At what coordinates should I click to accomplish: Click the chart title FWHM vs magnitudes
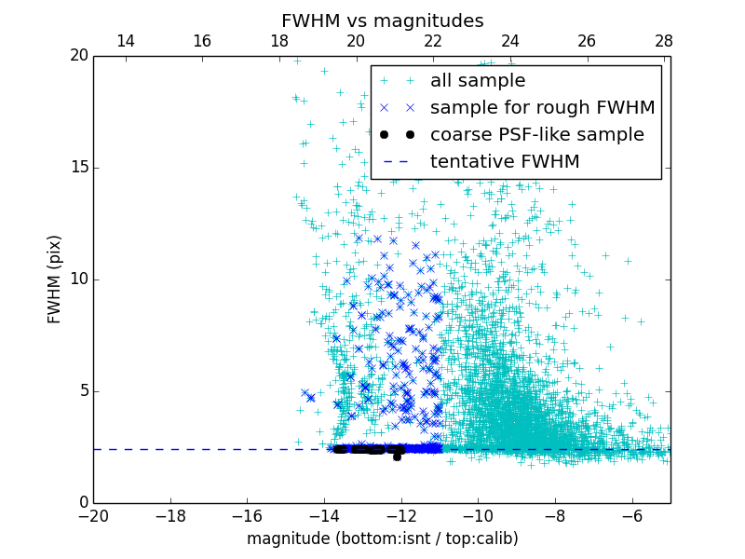click(382, 20)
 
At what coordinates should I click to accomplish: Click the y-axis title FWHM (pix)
click(55, 279)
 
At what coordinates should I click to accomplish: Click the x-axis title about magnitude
click(382, 539)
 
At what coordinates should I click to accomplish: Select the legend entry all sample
click(477, 81)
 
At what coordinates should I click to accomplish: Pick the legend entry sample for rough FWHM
click(542, 108)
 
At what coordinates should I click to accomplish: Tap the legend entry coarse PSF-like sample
click(536, 135)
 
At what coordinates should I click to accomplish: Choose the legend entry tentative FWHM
click(505, 162)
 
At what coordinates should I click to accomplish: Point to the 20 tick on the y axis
click(79, 56)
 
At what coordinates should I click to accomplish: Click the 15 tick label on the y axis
click(79, 168)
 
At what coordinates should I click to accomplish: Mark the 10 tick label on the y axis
click(79, 279)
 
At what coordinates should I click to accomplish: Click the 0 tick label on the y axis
click(83, 503)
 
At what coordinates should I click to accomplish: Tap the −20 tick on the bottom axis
click(93, 515)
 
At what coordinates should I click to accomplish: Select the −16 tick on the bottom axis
click(247, 515)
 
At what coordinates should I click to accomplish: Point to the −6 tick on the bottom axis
click(632, 515)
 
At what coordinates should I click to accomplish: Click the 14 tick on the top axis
click(125, 42)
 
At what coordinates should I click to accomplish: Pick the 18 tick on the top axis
click(278, 42)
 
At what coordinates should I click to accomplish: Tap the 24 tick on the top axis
click(509, 42)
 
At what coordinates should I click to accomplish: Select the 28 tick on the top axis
click(664, 42)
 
